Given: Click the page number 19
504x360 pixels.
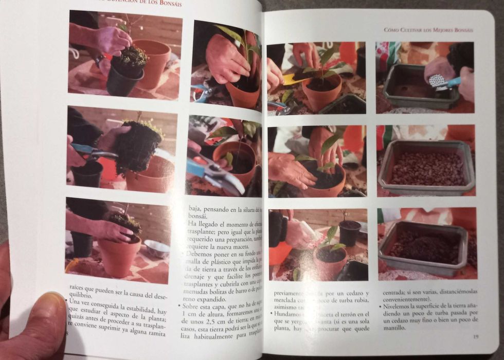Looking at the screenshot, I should [476, 337].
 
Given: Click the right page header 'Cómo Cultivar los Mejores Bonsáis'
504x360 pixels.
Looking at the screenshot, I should [428, 30].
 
